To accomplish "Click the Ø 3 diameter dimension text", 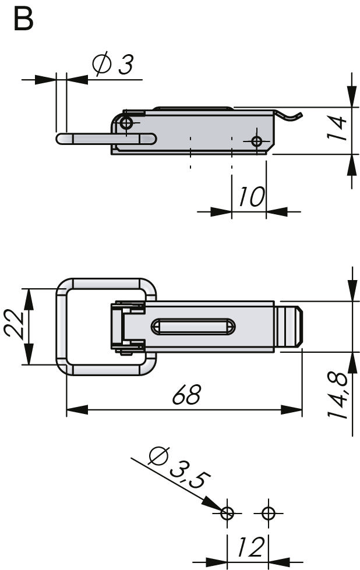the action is [113, 65].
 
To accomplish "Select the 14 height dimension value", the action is [336, 128].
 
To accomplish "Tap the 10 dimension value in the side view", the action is [251, 197].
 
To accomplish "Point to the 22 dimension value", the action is [14, 322].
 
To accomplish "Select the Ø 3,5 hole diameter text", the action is [179, 468].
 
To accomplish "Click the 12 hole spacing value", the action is [250, 547].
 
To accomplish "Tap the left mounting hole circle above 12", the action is [227, 514].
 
